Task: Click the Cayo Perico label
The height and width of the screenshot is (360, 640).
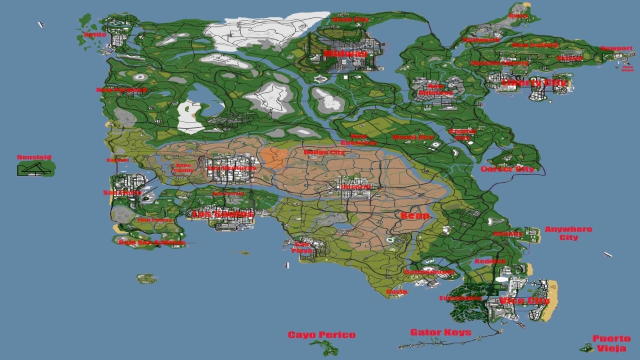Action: (x=321, y=335)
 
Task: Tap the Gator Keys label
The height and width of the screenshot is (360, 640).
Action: (x=440, y=332)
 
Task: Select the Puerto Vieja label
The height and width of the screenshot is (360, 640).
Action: (x=611, y=343)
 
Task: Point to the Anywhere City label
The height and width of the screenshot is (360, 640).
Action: (x=568, y=233)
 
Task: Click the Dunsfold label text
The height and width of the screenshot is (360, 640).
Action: (x=35, y=158)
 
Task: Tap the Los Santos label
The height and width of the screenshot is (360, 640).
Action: (x=223, y=214)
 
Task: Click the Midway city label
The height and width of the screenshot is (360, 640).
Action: (x=345, y=53)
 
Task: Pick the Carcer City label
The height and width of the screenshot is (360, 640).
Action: (x=507, y=169)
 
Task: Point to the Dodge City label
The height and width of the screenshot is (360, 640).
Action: (x=324, y=153)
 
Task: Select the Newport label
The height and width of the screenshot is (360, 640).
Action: (x=616, y=49)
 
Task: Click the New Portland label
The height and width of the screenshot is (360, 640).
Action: (x=121, y=90)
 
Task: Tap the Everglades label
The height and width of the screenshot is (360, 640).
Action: (x=460, y=298)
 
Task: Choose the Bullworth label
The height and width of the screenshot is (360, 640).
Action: (x=481, y=40)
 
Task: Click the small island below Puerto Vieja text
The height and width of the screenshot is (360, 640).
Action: (x=586, y=347)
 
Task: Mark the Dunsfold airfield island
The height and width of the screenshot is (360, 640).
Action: (x=35, y=169)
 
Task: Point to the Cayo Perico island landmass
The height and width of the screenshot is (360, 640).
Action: (x=325, y=347)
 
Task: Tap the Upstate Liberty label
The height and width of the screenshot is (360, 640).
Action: (x=500, y=63)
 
